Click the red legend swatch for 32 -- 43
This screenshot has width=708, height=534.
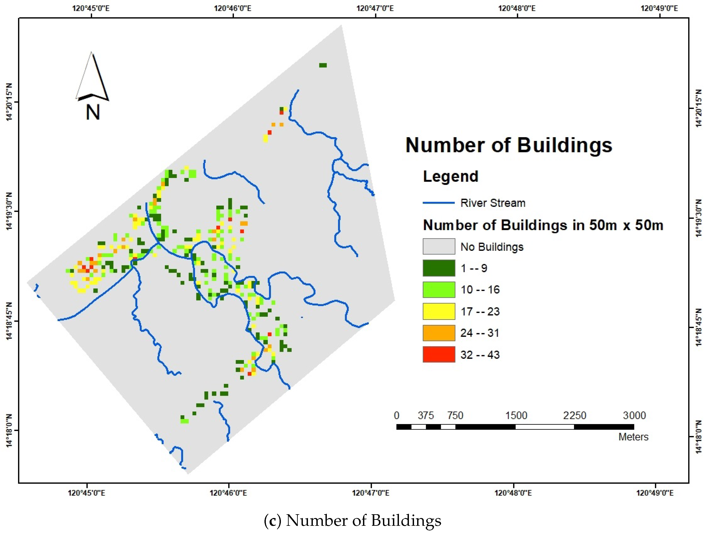(438, 354)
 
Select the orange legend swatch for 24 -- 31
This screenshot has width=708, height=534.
(438, 333)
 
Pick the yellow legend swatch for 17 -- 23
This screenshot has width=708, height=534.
(438, 311)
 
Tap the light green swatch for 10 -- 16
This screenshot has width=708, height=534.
(438, 290)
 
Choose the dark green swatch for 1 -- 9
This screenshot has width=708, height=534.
(438, 268)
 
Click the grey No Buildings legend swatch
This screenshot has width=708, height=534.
(438, 247)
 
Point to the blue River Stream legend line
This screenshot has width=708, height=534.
(438, 203)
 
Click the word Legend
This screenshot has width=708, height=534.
(450, 176)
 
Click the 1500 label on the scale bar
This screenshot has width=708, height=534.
(516, 415)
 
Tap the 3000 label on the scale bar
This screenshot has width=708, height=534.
(634, 415)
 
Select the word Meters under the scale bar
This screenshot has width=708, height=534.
(633, 437)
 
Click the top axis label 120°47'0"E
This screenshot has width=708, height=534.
(375, 8)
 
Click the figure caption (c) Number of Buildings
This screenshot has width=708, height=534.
(352, 520)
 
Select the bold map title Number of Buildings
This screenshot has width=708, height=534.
(509, 145)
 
